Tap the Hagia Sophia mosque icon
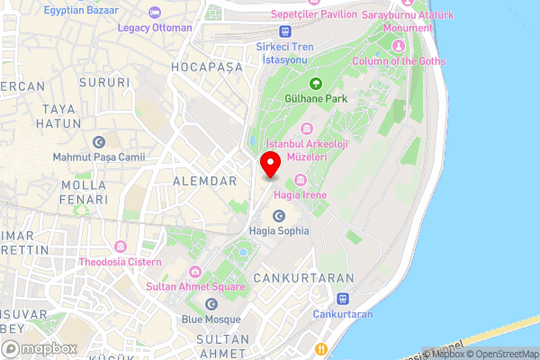[278, 216]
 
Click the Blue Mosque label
[211, 319]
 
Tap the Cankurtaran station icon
[342, 299]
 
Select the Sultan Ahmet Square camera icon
[194, 272]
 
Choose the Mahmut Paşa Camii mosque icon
[99, 142]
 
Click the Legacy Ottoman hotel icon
[155, 12]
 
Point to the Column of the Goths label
[400, 61]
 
